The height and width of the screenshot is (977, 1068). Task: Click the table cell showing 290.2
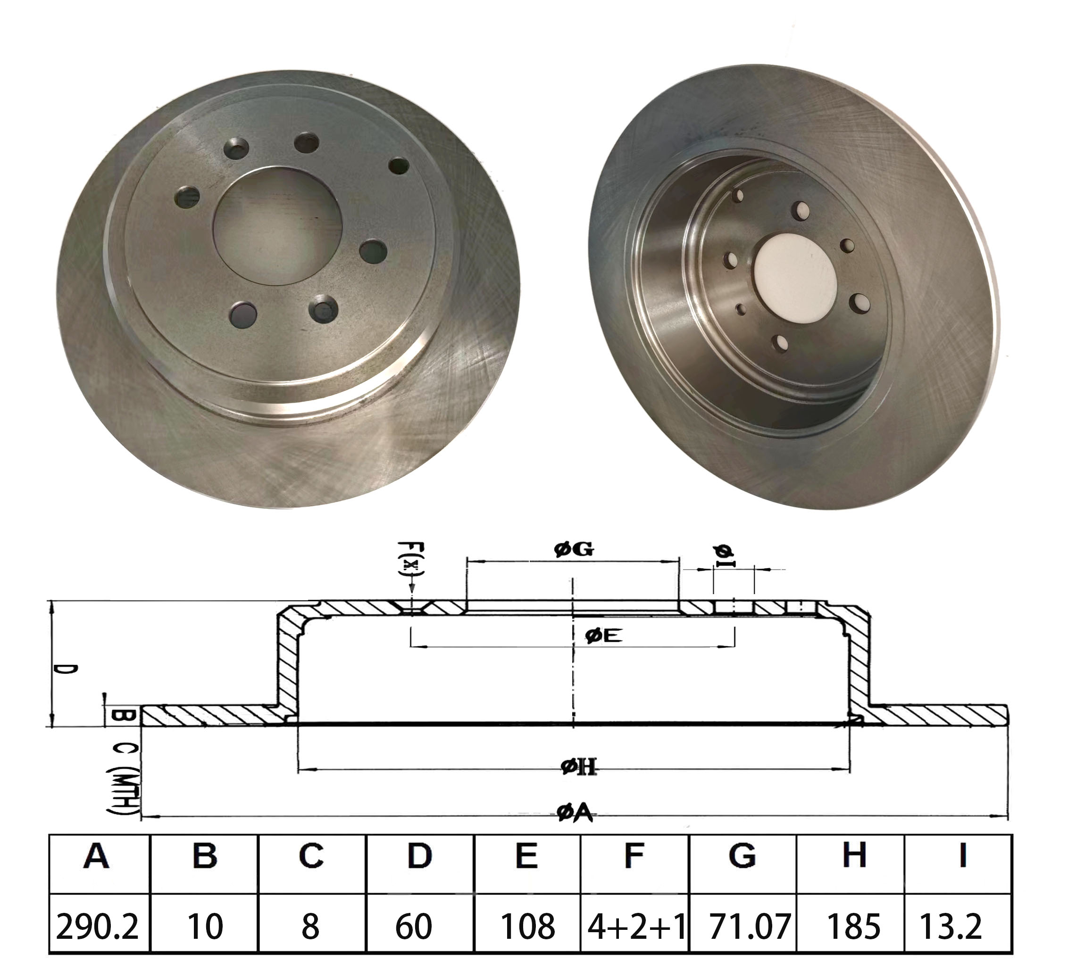(x=97, y=926)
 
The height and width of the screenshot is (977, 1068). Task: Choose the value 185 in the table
(x=853, y=926)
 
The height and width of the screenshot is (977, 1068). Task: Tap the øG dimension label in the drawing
(x=574, y=550)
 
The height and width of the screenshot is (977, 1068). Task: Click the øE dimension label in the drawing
(x=603, y=636)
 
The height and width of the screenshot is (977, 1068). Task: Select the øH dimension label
(x=578, y=766)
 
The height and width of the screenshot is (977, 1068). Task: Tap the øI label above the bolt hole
(x=725, y=555)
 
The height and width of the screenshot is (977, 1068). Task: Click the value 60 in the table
(x=414, y=926)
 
